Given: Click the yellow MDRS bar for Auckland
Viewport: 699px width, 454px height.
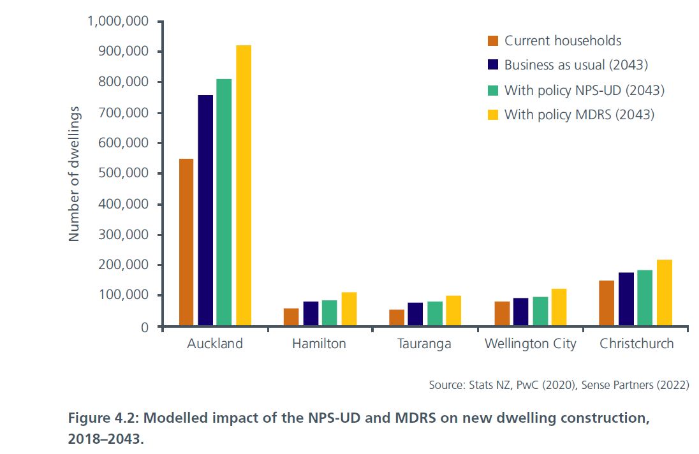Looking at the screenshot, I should [x=243, y=186].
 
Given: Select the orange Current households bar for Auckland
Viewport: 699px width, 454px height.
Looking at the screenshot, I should [x=186, y=242].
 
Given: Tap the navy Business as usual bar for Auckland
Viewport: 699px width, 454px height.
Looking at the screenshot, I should [x=205, y=210].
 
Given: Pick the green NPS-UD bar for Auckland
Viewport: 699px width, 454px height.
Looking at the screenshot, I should [x=224, y=202].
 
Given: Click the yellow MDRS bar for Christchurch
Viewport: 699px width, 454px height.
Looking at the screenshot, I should [x=664, y=293].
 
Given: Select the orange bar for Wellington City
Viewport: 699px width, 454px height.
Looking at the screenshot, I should [x=503, y=313].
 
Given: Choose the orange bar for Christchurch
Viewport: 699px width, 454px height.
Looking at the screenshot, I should [x=607, y=303].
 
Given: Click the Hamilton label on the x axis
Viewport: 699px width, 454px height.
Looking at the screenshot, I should [x=319, y=344].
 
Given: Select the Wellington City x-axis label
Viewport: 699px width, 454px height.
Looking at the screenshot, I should [x=530, y=344].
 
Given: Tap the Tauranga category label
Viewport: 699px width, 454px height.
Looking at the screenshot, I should [x=424, y=344].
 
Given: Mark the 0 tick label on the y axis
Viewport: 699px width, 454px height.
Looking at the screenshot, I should [x=144, y=326].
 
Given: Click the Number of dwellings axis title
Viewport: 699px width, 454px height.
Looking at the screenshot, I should [x=74, y=174].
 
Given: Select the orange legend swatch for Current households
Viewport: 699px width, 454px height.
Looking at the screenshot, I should [x=492, y=41].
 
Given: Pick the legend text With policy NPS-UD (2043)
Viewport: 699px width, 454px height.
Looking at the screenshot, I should [x=584, y=91].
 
